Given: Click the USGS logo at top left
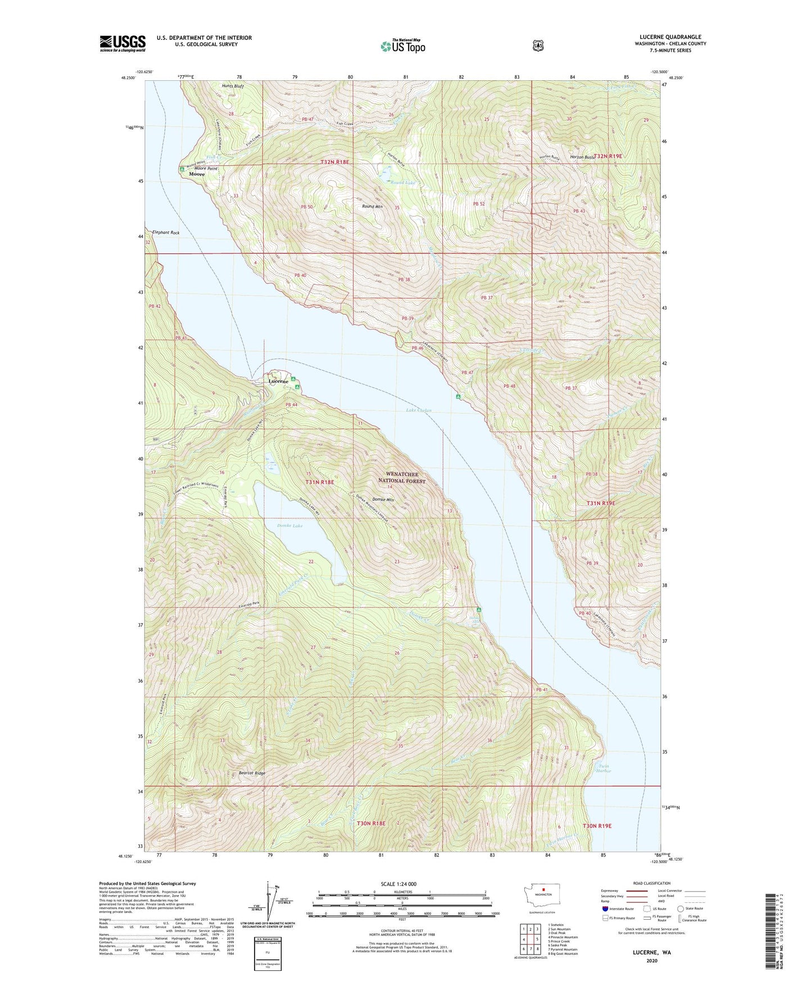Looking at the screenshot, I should pyautogui.click(x=123, y=43).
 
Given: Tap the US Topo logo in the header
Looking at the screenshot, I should pyautogui.click(x=402, y=46).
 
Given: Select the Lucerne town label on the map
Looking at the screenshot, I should pyautogui.click(x=278, y=381).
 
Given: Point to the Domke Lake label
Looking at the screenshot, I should pyautogui.click(x=289, y=526).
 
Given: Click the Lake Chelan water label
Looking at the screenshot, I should pyautogui.click(x=419, y=411).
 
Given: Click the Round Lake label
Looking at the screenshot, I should pyautogui.click(x=403, y=183).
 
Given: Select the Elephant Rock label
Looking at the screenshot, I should pyautogui.click(x=165, y=232).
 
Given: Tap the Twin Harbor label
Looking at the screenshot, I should pyautogui.click(x=604, y=769).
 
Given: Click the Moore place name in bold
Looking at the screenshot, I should pyautogui.click(x=197, y=174).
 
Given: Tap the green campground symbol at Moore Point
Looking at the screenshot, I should pyautogui.click(x=182, y=169).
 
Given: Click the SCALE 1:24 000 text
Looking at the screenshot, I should pyautogui.click(x=398, y=884).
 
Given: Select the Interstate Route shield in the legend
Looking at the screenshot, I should pyautogui.click(x=605, y=909).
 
